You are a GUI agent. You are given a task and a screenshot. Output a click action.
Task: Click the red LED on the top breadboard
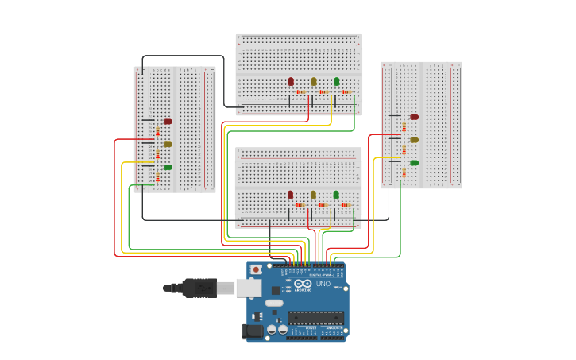click(291, 81)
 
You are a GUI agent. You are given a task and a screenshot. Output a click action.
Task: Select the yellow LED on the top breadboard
click(314, 81)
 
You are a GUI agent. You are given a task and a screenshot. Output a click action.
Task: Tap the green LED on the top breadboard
click(336, 81)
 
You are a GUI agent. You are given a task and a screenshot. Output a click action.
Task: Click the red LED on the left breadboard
click(168, 122)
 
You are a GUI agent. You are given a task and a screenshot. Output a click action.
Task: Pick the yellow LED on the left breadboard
click(168, 145)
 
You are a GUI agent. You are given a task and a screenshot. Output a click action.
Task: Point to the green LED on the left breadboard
click(168, 167)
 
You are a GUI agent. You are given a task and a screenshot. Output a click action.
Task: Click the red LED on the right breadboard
click(414, 117)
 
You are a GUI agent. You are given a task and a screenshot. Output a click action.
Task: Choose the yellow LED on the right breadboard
click(414, 140)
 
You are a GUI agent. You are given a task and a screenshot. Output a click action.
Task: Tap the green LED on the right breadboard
click(414, 162)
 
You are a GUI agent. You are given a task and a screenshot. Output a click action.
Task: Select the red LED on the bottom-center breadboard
click(290, 195)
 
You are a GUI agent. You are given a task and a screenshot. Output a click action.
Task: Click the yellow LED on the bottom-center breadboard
click(313, 195)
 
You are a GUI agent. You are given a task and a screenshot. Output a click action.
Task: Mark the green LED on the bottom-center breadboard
click(336, 195)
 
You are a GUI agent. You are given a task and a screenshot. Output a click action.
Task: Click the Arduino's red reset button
click(256, 270)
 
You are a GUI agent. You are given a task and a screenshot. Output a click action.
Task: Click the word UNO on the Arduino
click(323, 284)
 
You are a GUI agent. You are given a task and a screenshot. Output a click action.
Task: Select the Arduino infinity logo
click(303, 284)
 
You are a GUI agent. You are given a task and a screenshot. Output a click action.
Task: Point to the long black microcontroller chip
click(315, 317)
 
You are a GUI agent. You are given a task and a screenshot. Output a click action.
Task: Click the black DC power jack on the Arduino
click(252, 331)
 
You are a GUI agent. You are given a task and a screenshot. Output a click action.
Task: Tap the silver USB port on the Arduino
click(248, 288)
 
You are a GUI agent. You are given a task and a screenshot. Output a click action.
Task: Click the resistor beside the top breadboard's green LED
click(346, 92)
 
